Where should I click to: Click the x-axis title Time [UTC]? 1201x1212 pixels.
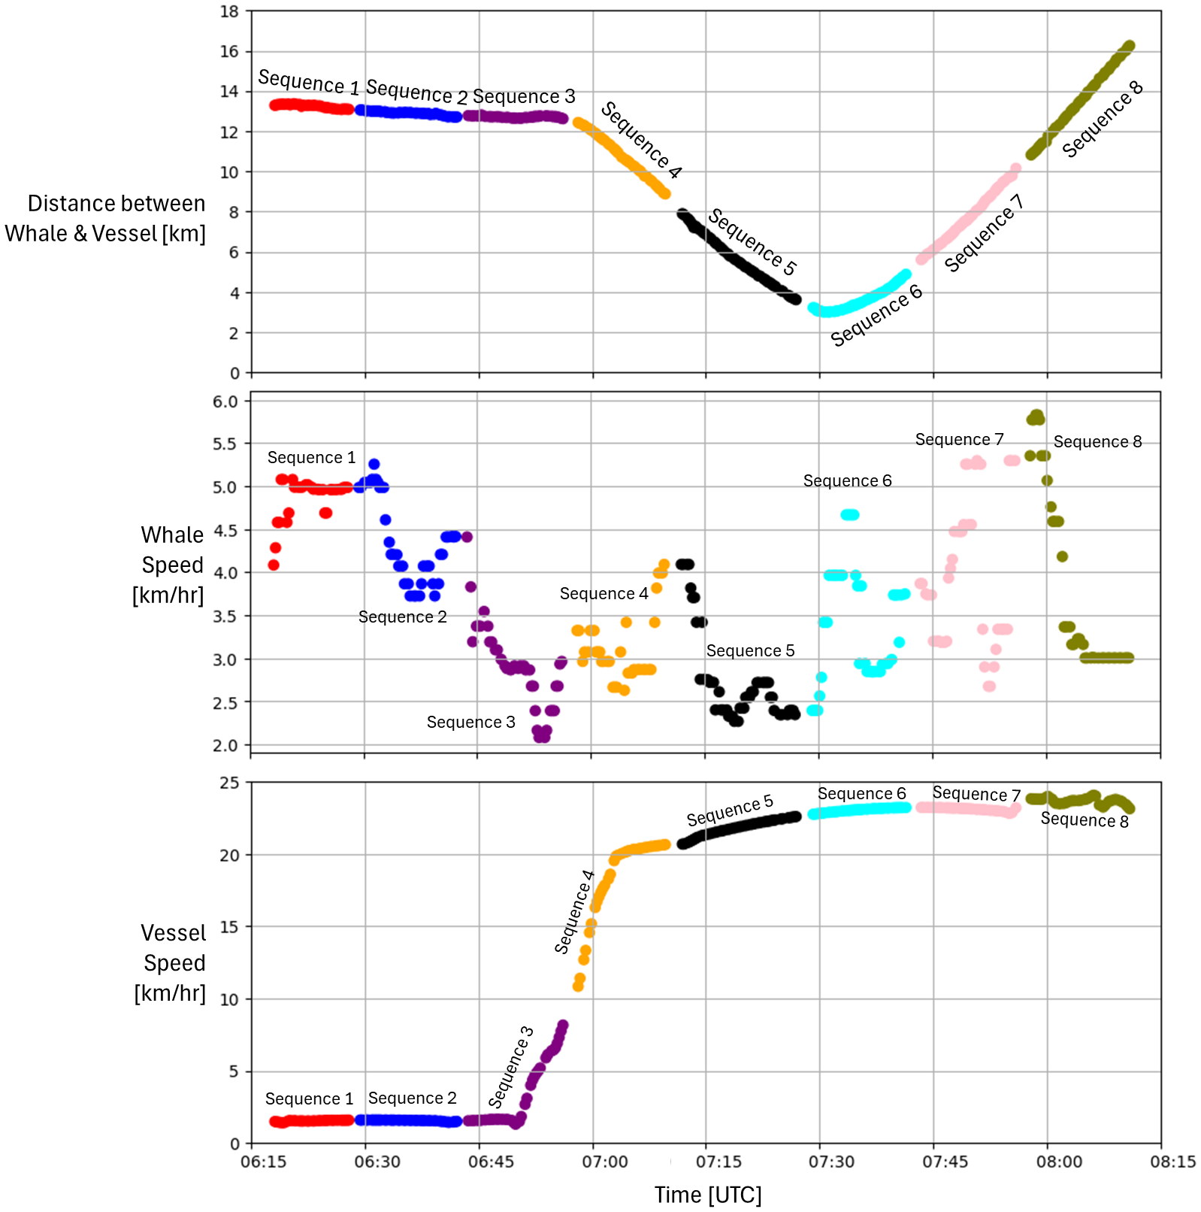707,1195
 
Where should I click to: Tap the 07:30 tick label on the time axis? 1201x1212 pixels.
831,1162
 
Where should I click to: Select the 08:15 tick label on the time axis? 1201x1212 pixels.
1172,1162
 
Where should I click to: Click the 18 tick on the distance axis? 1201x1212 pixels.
229,11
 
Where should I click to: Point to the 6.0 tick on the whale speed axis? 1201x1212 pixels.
225,401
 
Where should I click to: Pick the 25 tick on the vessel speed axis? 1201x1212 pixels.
229,783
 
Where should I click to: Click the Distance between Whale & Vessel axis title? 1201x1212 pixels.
106,218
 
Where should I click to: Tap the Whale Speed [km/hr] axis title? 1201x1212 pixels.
169,565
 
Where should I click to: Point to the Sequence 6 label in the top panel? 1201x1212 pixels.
876,316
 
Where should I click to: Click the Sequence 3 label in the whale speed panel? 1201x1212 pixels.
470,722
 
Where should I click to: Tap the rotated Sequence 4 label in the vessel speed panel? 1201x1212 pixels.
574,912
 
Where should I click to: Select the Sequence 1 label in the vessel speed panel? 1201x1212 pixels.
309,1098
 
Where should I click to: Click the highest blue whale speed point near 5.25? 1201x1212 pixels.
374,464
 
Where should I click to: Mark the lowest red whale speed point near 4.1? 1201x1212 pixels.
274,565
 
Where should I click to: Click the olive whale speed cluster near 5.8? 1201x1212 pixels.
1036,417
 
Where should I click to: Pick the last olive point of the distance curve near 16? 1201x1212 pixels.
1129,46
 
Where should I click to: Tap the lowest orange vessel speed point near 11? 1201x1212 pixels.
578,986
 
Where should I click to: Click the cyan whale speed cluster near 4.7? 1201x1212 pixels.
850,515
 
